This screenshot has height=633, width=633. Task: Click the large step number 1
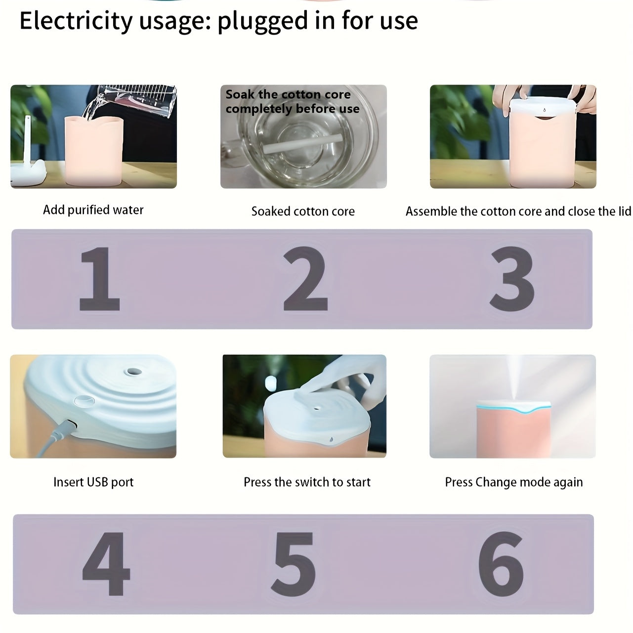pos(100,279)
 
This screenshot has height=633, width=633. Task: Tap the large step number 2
pos(305,279)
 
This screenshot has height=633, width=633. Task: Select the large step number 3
pos(512,279)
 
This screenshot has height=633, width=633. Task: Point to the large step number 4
pos(106,564)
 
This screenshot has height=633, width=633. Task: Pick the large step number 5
pos(294,564)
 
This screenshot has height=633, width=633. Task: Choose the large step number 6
pos(501,564)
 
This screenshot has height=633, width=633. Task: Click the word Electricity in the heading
pos(76,21)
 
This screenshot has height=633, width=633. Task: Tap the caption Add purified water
pos(93,210)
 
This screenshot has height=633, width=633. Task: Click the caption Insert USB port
pos(93,482)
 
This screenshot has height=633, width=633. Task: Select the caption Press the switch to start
pos(307,482)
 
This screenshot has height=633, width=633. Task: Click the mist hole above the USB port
pos(132,372)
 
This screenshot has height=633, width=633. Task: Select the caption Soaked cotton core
pos(303,211)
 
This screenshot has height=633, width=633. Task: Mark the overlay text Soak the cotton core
pos(288,94)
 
